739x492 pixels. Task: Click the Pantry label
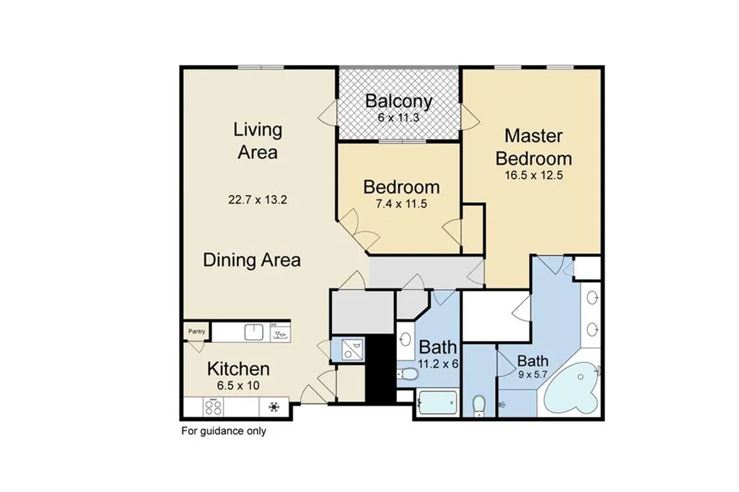click(x=196, y=332)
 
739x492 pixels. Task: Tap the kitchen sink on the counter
click(x=253, y=332)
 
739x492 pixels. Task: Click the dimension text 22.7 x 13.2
click(x=257, y=200)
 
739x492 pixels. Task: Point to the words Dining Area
click(x=251, y=260)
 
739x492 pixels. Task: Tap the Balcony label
click(x=398, y=101)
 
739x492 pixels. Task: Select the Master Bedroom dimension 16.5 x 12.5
click(x=538, y=174)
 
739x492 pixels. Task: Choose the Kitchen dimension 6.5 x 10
click(x=238, y=385)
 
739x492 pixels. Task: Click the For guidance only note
click(x=223, y=431)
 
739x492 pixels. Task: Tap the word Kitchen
click(x=238, y=369)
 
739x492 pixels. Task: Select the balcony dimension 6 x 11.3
click(x=398, y=117)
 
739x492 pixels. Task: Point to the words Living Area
click(x=257, y=141)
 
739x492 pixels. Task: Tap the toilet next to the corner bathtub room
click(x=478, y=406)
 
